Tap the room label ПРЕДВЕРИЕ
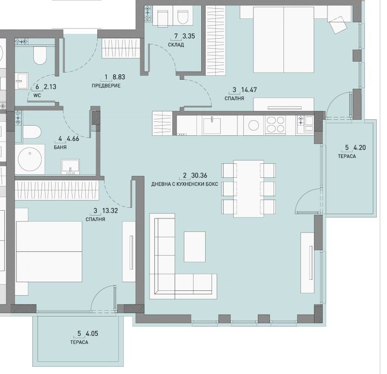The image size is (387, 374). click(105, 86)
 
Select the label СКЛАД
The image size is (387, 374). click(176, 45)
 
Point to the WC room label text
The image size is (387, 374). click(37, 96)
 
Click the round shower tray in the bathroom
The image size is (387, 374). click(31, 158)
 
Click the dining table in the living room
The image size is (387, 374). click(248, 188)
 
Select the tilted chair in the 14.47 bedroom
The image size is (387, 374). click(337, 24)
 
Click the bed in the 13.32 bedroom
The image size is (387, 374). click(48, 252)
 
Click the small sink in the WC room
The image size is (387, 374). click(21, 81)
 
